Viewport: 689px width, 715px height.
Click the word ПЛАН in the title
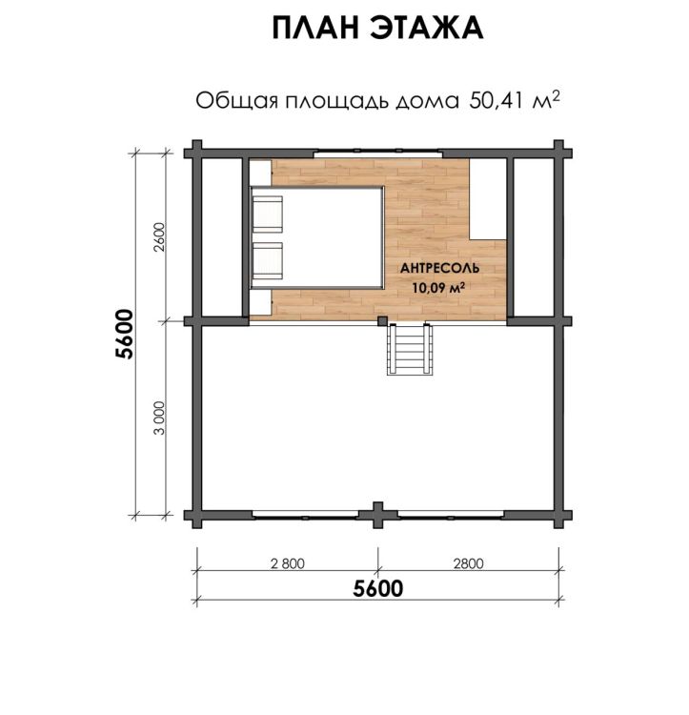point(317,28)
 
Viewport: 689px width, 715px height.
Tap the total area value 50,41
point(496,101)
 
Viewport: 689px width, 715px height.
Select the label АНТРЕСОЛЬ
point(439,268)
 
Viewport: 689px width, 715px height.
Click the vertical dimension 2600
point(159,237)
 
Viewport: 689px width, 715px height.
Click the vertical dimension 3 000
point(159,418)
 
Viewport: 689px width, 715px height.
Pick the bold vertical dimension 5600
point(125,335)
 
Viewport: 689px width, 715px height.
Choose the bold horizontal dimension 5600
point(378,589)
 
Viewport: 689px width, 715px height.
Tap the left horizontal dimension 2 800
point(288,564)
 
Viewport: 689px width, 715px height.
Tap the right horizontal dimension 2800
point(469,564)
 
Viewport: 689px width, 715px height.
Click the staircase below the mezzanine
point(409,349)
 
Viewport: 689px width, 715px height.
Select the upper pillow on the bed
point(267,214)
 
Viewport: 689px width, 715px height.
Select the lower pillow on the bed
point(267,261)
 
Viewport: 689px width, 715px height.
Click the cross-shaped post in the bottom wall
point(377,515)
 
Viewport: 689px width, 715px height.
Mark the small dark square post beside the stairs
point(383,321)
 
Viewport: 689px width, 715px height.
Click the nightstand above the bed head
point(260,173)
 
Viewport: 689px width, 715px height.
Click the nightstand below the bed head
point(260,302)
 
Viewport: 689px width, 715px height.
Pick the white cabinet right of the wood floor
point(488,199)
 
